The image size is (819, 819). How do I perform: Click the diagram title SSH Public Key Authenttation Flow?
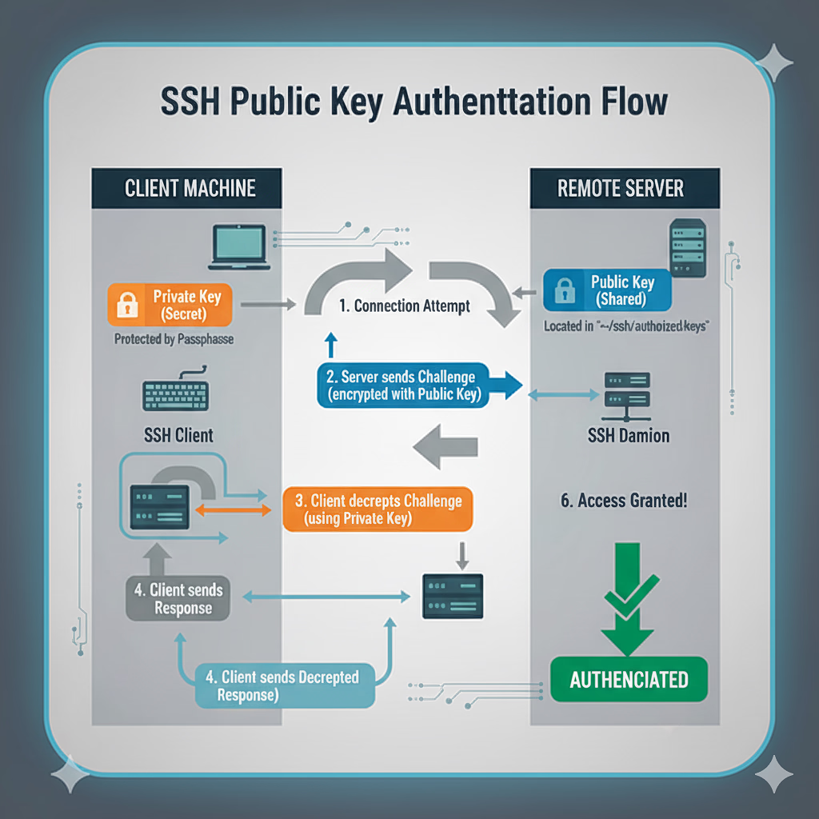click(413, 103)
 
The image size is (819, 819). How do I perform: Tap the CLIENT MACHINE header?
click(190, 188)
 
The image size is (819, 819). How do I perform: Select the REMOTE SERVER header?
click(620, 188)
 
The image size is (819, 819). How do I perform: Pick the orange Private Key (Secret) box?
click(170, 306)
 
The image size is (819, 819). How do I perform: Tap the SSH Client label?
click(178, 435)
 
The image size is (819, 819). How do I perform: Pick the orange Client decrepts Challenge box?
click(378, 509)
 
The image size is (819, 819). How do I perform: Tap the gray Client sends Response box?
click(178, 599)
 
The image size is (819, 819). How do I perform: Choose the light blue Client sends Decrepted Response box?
click(286, 685)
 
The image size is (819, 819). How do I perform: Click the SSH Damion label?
click(629, 436)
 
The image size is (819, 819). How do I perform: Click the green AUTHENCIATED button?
click(629, 680)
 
